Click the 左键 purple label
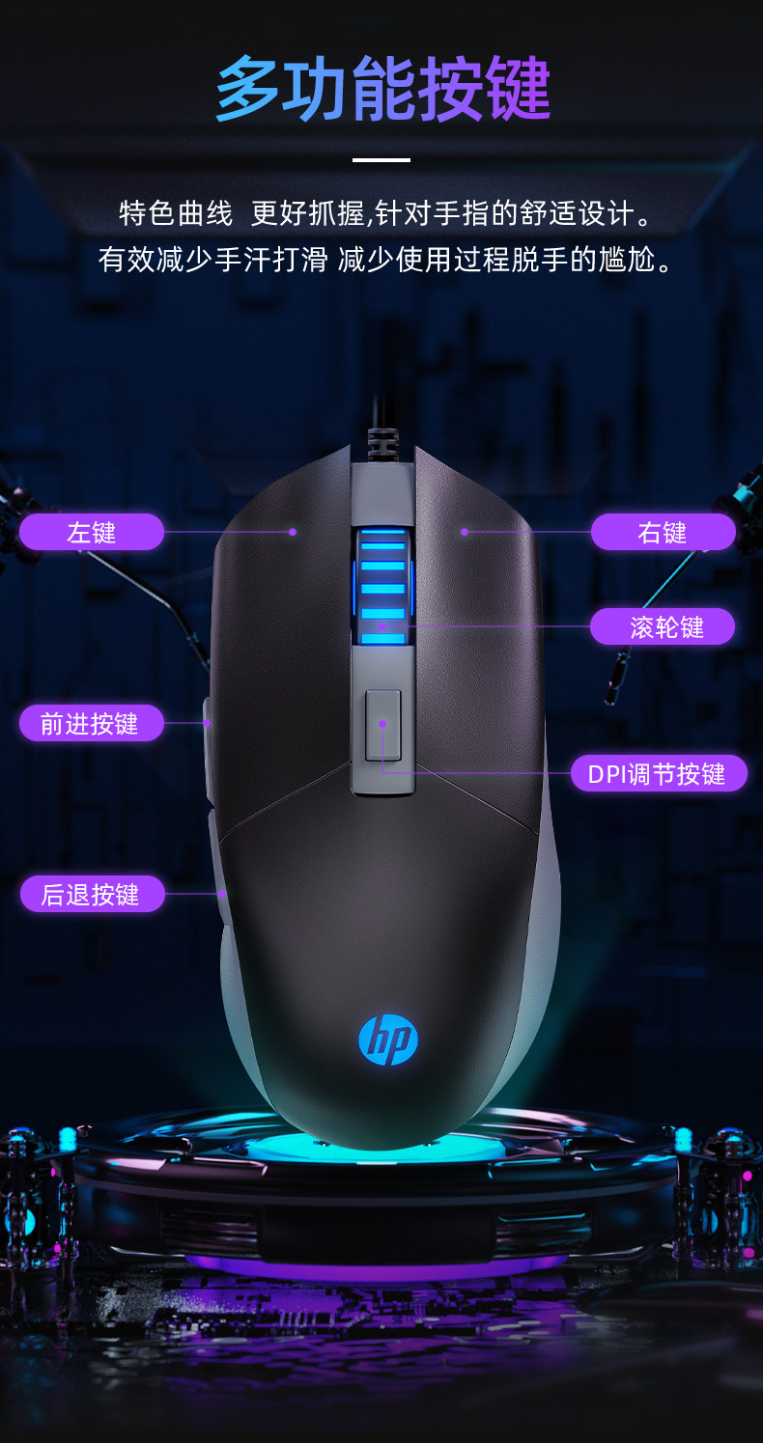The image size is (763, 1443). (92, 532)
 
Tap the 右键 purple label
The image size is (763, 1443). (663, 532)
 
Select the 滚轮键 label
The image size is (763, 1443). (663, 627)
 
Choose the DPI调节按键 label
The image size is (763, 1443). (659, 773)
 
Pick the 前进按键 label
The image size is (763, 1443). (91, 723)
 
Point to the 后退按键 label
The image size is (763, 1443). (91, 894)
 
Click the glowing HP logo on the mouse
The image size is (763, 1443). (388, 1039)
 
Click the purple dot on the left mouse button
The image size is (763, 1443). (292, 531)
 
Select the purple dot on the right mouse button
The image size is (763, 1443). (464, 531)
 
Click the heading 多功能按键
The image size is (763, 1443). (382, 89)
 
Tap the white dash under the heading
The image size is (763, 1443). (381, 159)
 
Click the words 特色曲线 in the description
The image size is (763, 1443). (176, 213)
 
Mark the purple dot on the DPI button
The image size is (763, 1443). (382, 723)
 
